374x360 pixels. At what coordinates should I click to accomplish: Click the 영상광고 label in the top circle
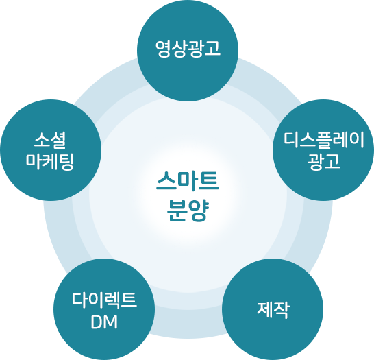(x=188, y=49)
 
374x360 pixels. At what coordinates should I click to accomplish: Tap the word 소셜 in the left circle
(x=50, y=140)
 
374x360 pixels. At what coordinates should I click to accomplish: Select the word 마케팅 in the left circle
(x=50, y=162)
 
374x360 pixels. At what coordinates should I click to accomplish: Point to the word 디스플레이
(x=324, y=140)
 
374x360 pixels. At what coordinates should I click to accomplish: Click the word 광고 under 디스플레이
(x=324, y=162)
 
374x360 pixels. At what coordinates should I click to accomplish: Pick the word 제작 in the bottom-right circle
(x=273, y=310)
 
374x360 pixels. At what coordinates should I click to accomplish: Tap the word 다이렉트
(x=104, y=300)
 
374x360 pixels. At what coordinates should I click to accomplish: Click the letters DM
(x=104, y=322)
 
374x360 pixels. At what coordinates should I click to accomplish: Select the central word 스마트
(x=188, y=181)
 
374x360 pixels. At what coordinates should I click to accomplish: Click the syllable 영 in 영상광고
(x=163, y=49)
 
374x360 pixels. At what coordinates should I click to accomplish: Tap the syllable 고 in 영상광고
(x=212, y=49)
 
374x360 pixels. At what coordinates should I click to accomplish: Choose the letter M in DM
(x=110, y=322)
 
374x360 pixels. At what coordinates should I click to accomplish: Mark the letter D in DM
(x=96, y=322)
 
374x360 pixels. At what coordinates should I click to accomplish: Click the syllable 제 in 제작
(x=265, y=310)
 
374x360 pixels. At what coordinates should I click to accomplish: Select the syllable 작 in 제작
(x=282, y=310)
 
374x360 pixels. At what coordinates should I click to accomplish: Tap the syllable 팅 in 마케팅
(x=66, y=162)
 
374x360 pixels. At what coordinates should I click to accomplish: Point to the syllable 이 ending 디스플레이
(x=357, y=140)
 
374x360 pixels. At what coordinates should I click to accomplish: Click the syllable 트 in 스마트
(x=209, y=181)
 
